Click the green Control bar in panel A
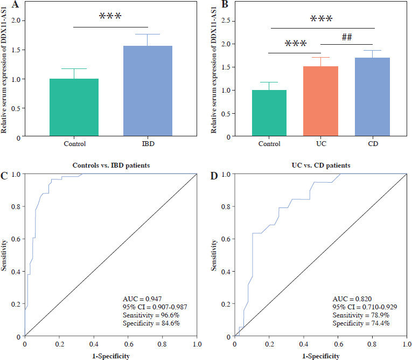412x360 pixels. point(74,108)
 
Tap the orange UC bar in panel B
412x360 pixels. point(320,102)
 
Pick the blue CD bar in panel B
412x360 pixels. point(372,98)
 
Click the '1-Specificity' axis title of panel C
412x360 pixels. point(110,356)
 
